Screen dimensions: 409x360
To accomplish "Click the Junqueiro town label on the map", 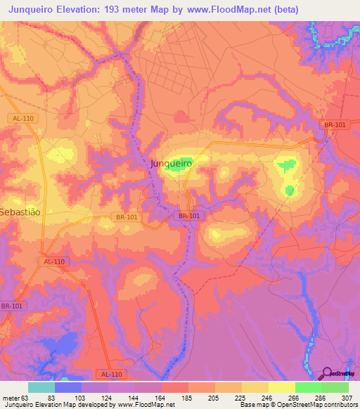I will pyautogui.click(x=171, y=163).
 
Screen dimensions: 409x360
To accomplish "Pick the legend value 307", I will pyautogui.click(x=348, y=397).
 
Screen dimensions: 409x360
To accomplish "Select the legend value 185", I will pyautogui.click(x=188, y=397).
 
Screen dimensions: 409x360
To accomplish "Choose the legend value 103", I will pyautogui.click(x=81, y=397).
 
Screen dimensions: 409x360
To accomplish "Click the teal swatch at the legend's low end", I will pyautogui.click(x=41, y=387).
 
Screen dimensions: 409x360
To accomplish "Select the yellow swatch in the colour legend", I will pyautogui.click(x=281, y=387).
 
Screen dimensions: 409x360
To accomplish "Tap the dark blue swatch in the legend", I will pyautogui.click(x=67, y=387).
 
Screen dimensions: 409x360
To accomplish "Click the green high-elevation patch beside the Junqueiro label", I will pyautogui.click(x=184, y=161).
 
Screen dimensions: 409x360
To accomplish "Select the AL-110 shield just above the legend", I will pyautogui.click(x=110, y=375).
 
